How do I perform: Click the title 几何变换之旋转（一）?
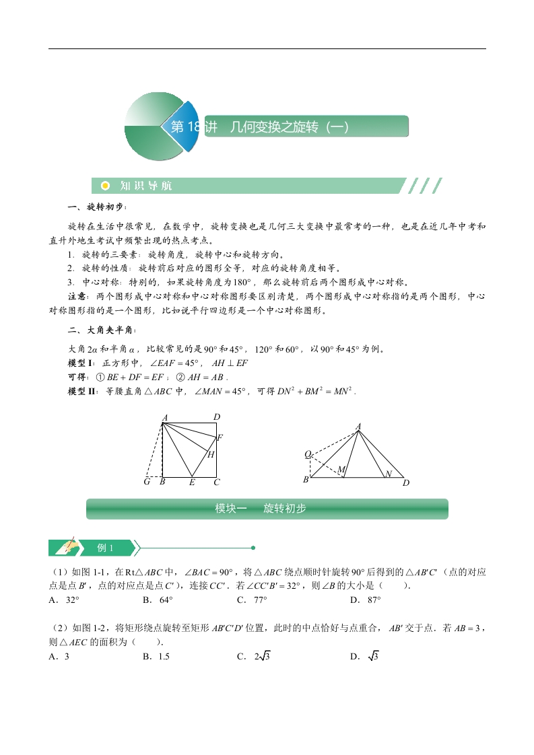(290, 127)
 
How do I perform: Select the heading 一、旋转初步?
(97, 207)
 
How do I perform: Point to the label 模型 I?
(83, 363)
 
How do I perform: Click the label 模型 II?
(84, 391)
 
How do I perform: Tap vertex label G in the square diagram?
(147, 482)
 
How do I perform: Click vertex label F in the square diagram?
(220, 438)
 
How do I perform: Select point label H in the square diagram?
(211, 455)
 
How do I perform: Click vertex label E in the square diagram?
(192, 482)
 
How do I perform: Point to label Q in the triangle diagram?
(308, 455)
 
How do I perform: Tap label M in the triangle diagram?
(341, 469)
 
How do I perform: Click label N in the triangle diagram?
(388, 474)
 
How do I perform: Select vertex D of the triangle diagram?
(406, 482)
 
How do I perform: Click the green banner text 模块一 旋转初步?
(260, 509)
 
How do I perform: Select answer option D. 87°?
(366, 600)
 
